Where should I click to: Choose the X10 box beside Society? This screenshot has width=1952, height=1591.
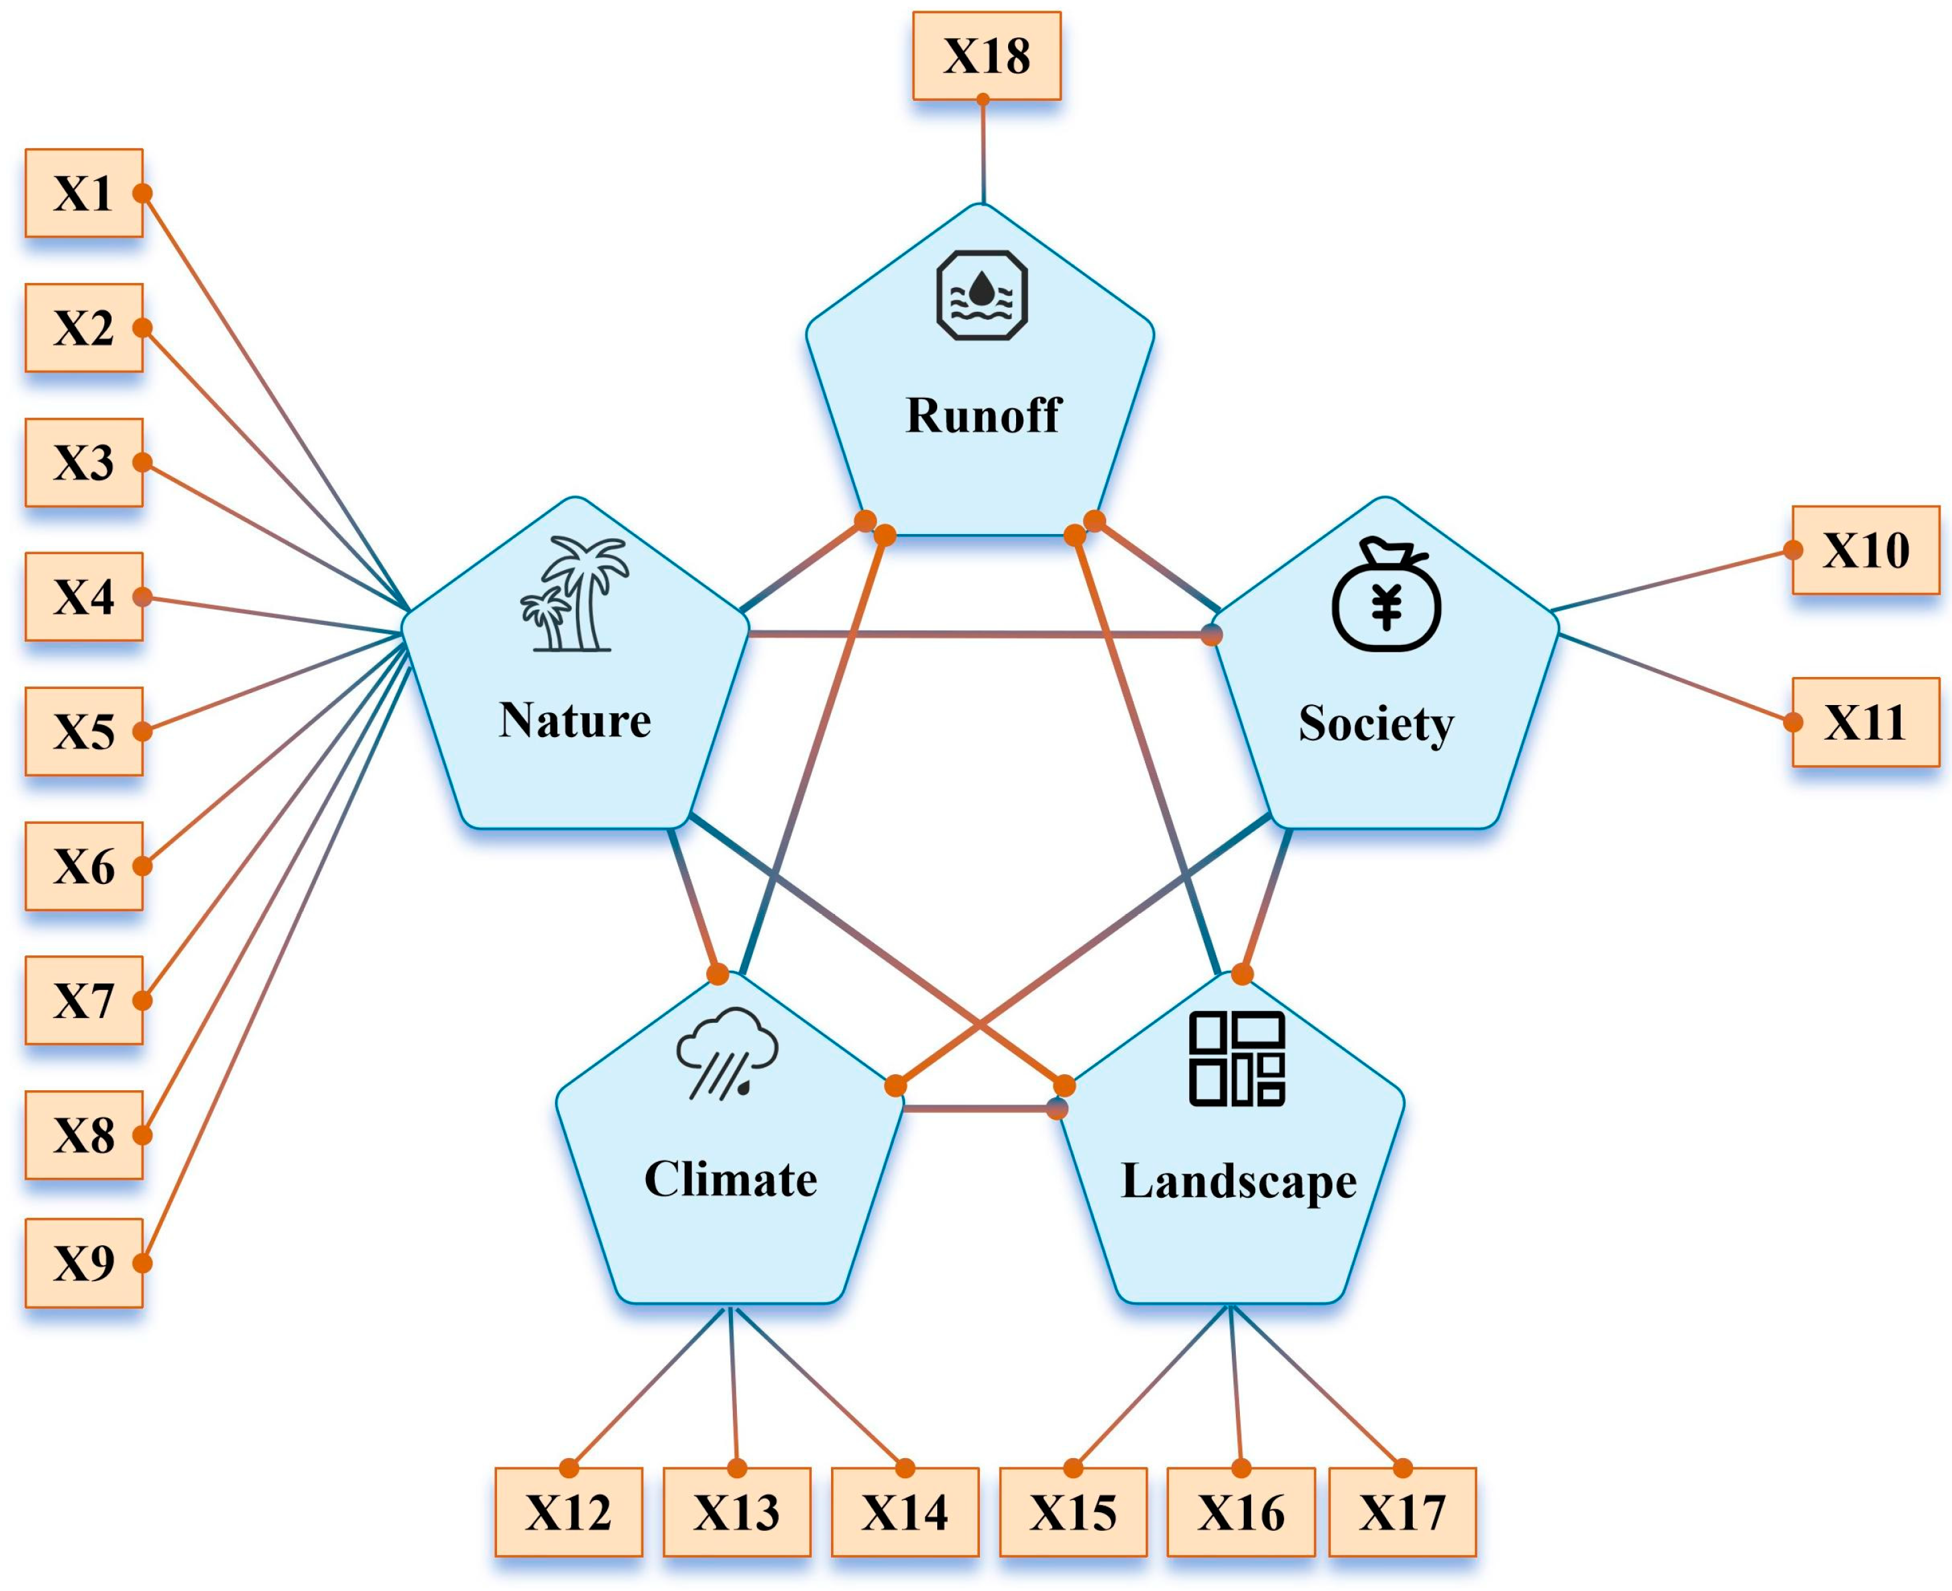pyautogui.click(x=1866, y=550)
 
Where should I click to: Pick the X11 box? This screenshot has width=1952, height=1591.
pyautogui.click(x=1866, y=722)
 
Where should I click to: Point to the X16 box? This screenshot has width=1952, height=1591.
pyautogui.click(x=1241, y=1512)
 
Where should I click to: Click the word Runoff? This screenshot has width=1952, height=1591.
pyautogui.click(x=983, y=415)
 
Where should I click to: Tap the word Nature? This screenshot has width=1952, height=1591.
pyautogui.click(x=575, y=720)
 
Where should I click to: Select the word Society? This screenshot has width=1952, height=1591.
pyautogui.click(x=1375, y=724)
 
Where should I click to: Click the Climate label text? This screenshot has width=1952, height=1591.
pyautogui.click(x=731, y=1180)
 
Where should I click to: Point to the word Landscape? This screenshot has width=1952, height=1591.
pyautogui.click(x=1239, y=1181)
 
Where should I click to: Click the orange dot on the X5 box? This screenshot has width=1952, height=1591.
pyautogui.click(x=142, y=731)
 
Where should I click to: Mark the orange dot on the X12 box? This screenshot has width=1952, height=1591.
pyautogui.click(x=569, y=1468)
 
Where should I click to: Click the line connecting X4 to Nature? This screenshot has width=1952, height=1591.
pyautogui.click(x=275, y=616)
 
